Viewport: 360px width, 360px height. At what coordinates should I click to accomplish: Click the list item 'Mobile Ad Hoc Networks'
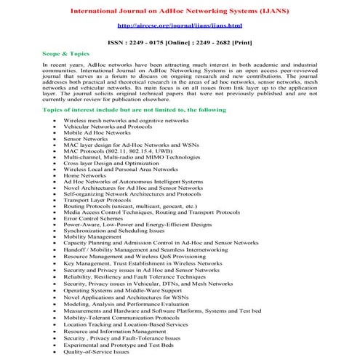point(97,132)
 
